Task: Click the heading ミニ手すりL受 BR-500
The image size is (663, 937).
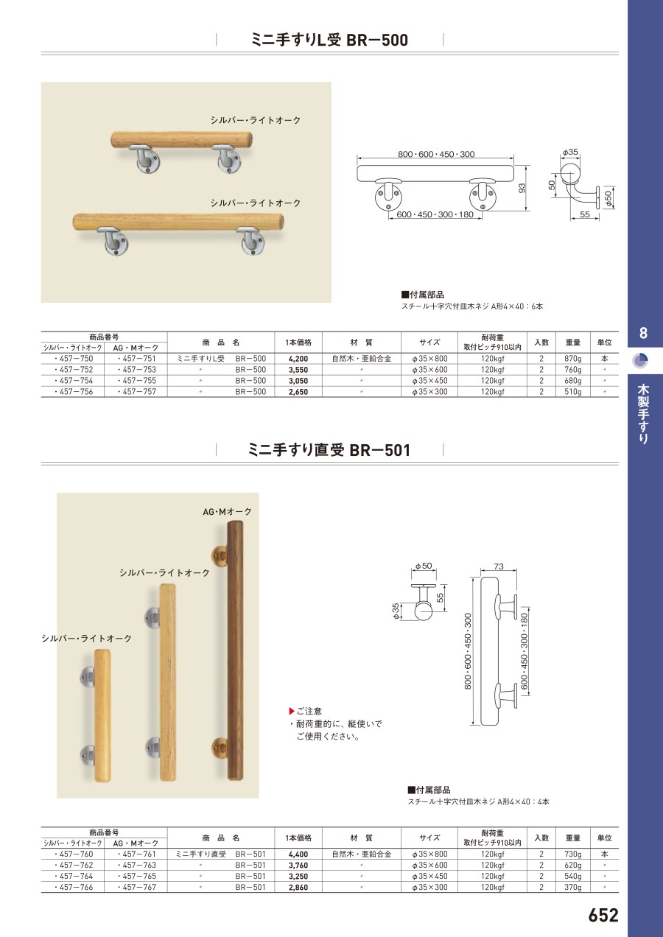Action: pos(329,40)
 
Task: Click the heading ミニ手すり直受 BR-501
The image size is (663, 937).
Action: pos(329,450)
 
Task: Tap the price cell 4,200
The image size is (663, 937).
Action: pos(298,359)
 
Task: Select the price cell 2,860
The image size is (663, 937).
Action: pos(298,887)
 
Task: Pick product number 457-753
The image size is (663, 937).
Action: pos(136,370)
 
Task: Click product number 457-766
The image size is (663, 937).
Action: pos(74,887)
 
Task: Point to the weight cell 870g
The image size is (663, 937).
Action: pos(572,359)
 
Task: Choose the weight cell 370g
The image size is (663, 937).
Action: pos(572,887)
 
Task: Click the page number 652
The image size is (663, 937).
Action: pos(603,915)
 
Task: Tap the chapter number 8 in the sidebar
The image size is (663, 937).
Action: pos(643,334)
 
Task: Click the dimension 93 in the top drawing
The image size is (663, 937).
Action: pos(522,189)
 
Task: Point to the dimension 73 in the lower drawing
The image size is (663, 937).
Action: pos(499,566)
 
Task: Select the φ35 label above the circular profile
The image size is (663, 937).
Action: pos(570,152)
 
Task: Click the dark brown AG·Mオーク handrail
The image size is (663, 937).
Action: pos(235,650)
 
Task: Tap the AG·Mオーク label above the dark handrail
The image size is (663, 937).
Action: pos(227,511)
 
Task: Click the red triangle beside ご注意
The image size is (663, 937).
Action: pos(292,711)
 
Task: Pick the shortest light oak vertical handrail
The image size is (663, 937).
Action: pos(102,716)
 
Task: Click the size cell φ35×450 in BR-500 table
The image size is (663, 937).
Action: pos(429,381)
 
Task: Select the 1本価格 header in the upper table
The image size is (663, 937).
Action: pos(298,343)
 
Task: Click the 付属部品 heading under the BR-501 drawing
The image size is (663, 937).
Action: pos(429,790)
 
